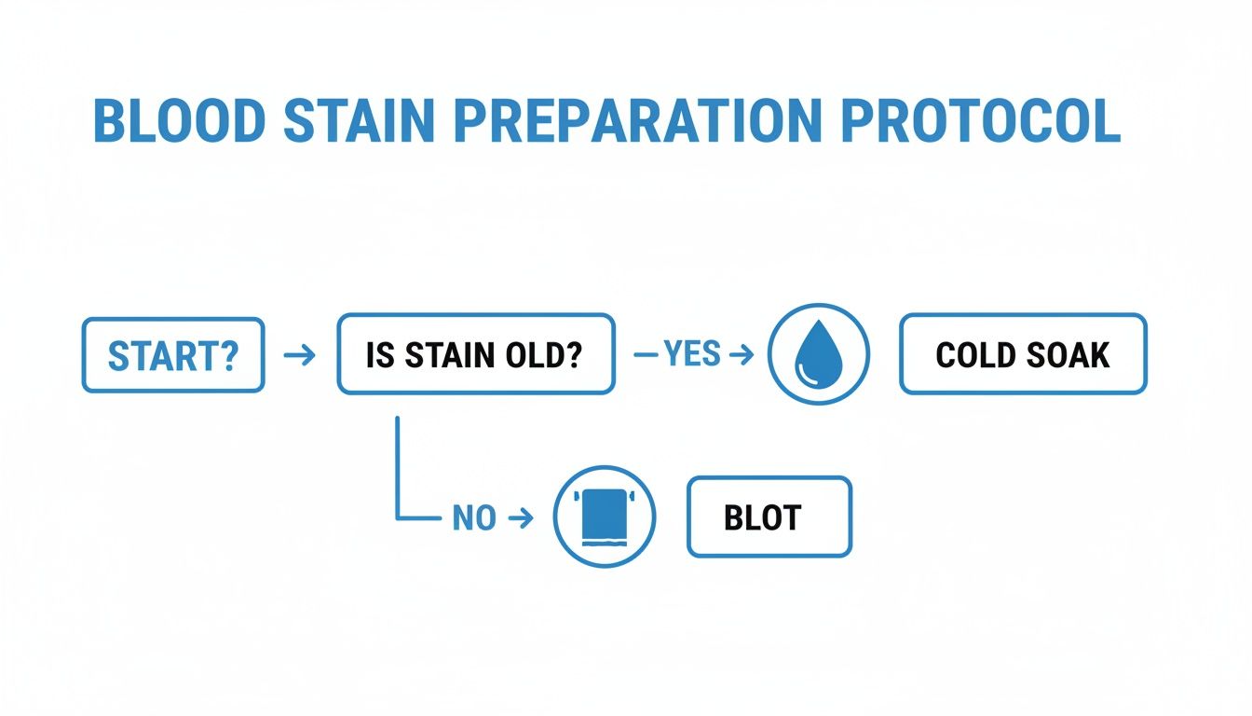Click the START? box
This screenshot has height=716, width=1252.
pos(173,354)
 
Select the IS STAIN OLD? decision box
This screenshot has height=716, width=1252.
pos(475,354)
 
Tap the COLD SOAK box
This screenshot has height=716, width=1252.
pos(1022,354)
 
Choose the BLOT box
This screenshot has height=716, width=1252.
pos(769,517)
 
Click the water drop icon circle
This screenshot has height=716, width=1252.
pos(818,354)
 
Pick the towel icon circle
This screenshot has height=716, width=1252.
pos(605,517)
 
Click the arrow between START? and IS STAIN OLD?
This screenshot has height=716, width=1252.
pos(299,355)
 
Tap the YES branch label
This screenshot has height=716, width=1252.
pos(692,354)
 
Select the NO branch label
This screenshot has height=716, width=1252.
pos(473,518)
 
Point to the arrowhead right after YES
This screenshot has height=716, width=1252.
pos(742,355)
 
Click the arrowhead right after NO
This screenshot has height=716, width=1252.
pos(523,518)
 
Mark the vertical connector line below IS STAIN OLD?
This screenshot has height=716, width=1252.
pos(398,466)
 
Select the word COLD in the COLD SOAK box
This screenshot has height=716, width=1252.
pos(974,355)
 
